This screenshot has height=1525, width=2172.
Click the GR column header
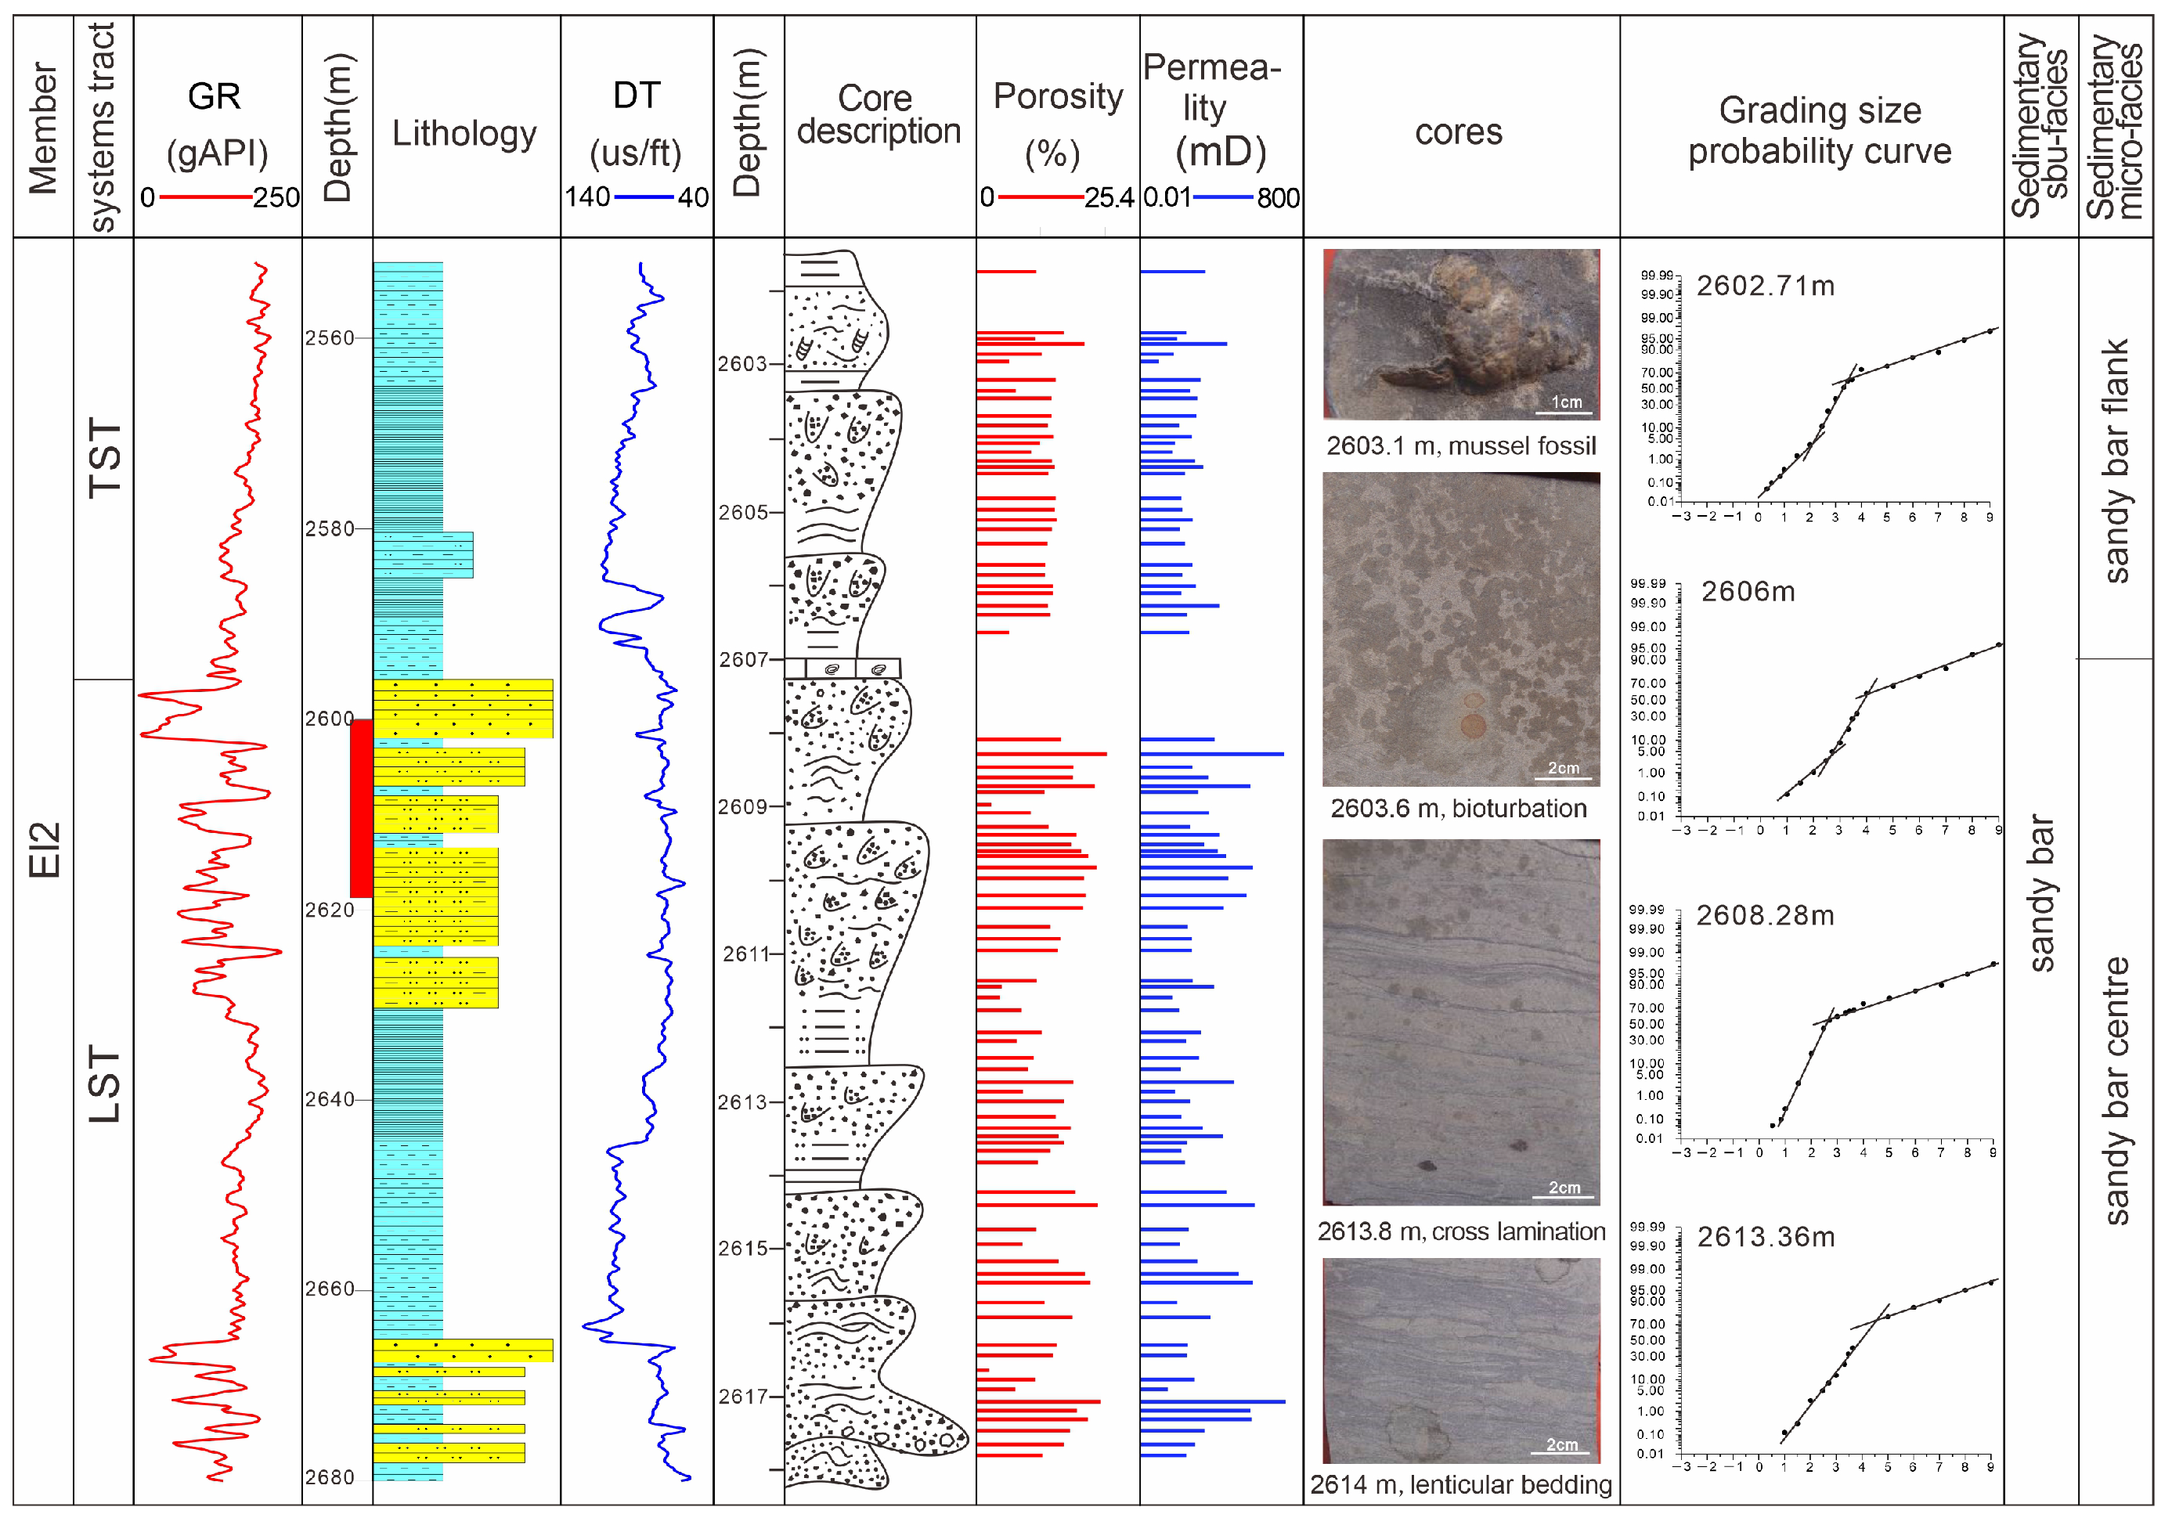[x=215, y=96]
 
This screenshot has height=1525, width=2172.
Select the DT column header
[x=636, y=96]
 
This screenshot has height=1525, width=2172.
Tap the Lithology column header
[x=464, y=133]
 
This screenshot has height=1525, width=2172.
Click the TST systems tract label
[x=104, y=458]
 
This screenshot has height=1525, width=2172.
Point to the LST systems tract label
[x=104, y=1084]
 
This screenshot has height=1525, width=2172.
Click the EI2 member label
[x=44, y=849]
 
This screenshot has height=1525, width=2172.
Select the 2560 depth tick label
[x=328, y=337]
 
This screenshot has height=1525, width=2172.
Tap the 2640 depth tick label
[x=328, y=1099]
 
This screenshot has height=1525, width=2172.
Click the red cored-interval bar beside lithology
[x=360, y=808]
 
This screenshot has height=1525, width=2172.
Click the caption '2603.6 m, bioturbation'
[x=1459, y=809]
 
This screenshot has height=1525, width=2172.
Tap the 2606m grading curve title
[x=1748, y=592]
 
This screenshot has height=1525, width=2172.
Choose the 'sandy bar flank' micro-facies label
[x=2116, y=461]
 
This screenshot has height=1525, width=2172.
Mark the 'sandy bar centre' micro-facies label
[x=2116, y=1090]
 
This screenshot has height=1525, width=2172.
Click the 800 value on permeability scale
[x=1278, y=198]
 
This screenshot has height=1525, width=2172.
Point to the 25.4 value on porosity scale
[x=1109, y=198]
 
